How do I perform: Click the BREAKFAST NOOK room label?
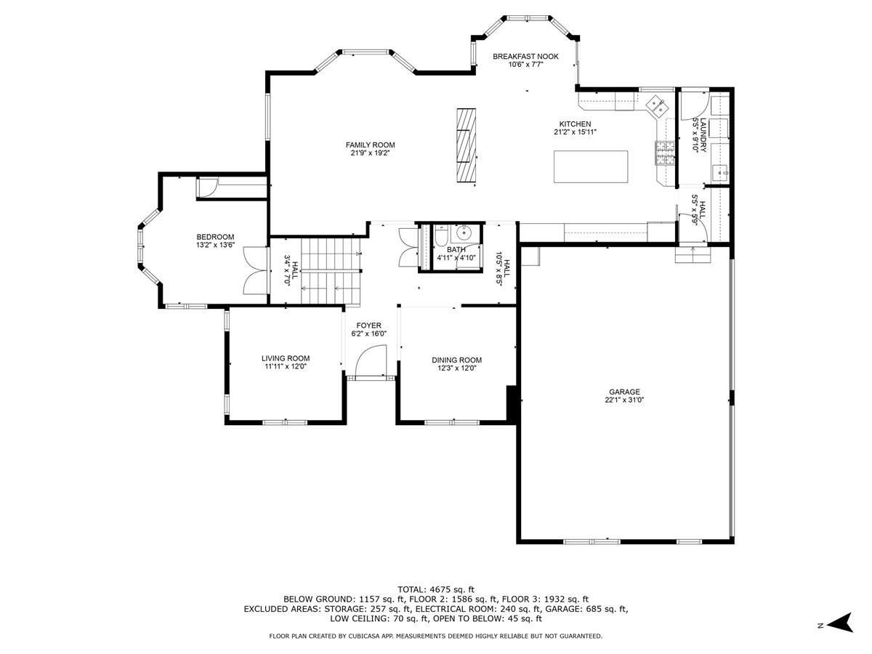(x=525, y=57)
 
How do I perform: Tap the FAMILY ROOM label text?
(x=370, y=145)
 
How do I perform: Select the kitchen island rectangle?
(x=591, y=166)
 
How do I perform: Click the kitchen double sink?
(x=655, y=105)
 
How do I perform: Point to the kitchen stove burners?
(x=665, y=153)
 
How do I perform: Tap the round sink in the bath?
(x=463, y=233)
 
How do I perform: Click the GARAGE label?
(x=624, y=392)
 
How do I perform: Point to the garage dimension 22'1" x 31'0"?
(x=624, y=400)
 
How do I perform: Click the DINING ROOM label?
(x=456, y=360)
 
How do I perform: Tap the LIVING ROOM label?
(x=286, y=358)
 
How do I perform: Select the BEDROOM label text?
(x=215, y=237)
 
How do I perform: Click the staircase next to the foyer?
(x=331, y=271)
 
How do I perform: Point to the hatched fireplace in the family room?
(x=466, y=145)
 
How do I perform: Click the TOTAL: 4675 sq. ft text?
(x=436, y=589)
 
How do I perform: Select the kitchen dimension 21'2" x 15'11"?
(x=575, y=132)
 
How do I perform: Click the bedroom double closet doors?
(x=254, y=270)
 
